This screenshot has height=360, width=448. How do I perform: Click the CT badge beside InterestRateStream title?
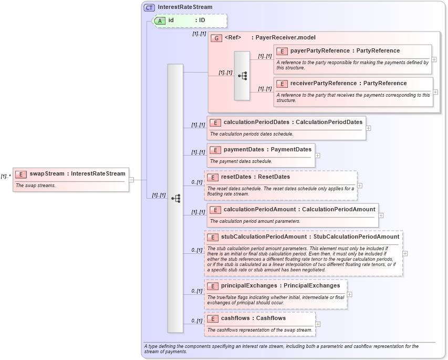149,7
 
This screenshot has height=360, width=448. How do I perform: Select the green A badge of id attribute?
160,20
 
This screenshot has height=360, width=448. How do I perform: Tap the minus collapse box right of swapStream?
131,180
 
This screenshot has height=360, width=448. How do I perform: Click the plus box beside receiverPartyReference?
435,92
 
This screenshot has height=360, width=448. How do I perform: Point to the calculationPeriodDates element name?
256,122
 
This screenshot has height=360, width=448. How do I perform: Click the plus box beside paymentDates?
317,156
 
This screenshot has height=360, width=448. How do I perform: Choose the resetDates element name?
236,177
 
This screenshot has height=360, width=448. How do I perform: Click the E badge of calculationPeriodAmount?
215,210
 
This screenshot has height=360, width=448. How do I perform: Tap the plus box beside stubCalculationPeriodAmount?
405,253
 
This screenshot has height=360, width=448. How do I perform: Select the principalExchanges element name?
248,286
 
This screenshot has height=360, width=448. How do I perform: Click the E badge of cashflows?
212,318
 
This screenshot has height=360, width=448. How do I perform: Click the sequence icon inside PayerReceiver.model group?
242,76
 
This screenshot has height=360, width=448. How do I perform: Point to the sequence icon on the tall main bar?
175,198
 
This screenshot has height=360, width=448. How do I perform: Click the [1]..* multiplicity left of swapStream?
6,177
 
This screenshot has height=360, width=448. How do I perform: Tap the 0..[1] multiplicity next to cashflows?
197,321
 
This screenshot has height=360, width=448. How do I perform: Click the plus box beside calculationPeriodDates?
368,128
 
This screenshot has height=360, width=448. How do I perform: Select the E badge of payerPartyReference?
282,51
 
